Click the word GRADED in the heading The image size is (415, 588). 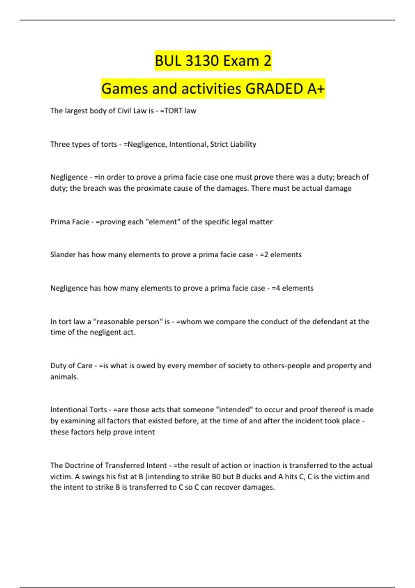click(x=274, y=89)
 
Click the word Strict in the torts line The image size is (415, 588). click(x=219, y=144)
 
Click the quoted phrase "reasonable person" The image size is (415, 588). click(x=128, y=322)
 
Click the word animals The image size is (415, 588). click(x=64, y=377)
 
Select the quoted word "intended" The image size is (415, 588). click(x=234, y=410)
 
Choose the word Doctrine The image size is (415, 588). click(x=83, y=466)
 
